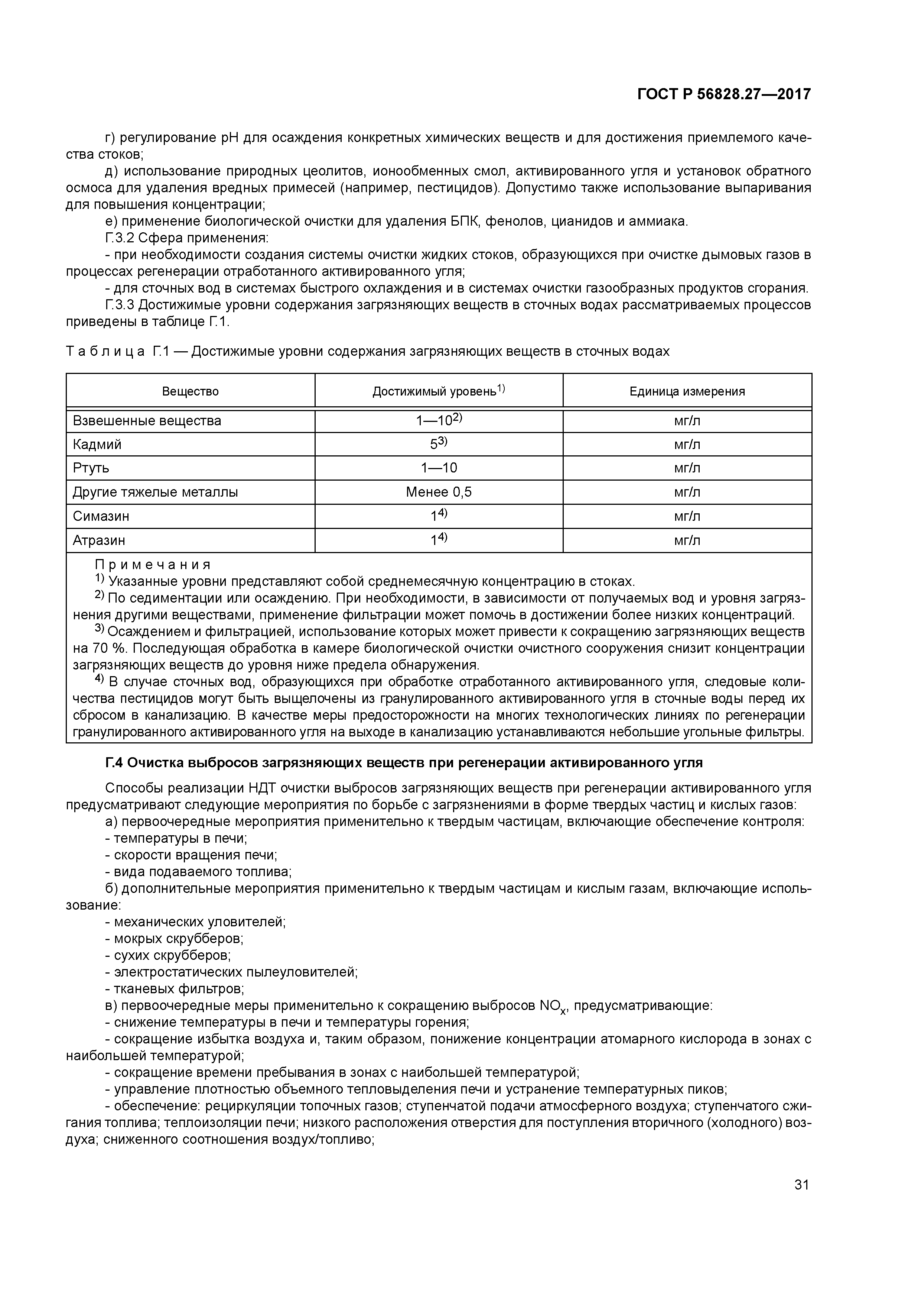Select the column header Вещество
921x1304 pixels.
coord(190,391)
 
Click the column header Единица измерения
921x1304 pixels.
coord(687,391)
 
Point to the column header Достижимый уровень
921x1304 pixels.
coord(438,391)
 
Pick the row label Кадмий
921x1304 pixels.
coord(97,445)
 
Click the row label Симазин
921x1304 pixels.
coord(101,516)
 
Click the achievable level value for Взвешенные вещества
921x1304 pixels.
coord(439,421)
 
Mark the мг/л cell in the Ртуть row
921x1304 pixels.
coord(687,468)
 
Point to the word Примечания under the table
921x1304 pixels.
coord(152,565)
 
